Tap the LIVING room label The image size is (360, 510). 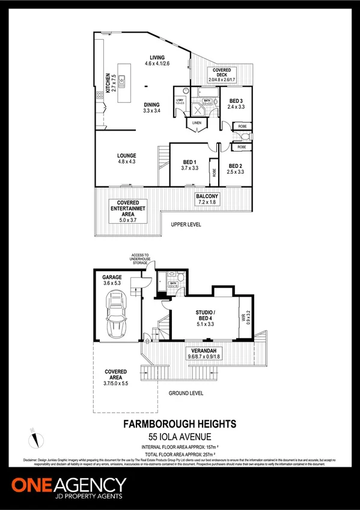point(157,58)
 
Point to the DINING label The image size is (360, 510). point(151,105)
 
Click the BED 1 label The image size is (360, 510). point(190,162)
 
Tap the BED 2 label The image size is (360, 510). point(236,165)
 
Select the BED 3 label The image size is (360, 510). point(236,100)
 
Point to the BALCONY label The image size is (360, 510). point(207,197)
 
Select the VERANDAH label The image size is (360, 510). point(203,351)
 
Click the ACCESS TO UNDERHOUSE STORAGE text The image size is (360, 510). point(142,258)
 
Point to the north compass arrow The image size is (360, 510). point(35,437)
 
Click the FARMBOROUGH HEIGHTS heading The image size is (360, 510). point(180,424)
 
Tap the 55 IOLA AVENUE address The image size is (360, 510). point(180,436)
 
